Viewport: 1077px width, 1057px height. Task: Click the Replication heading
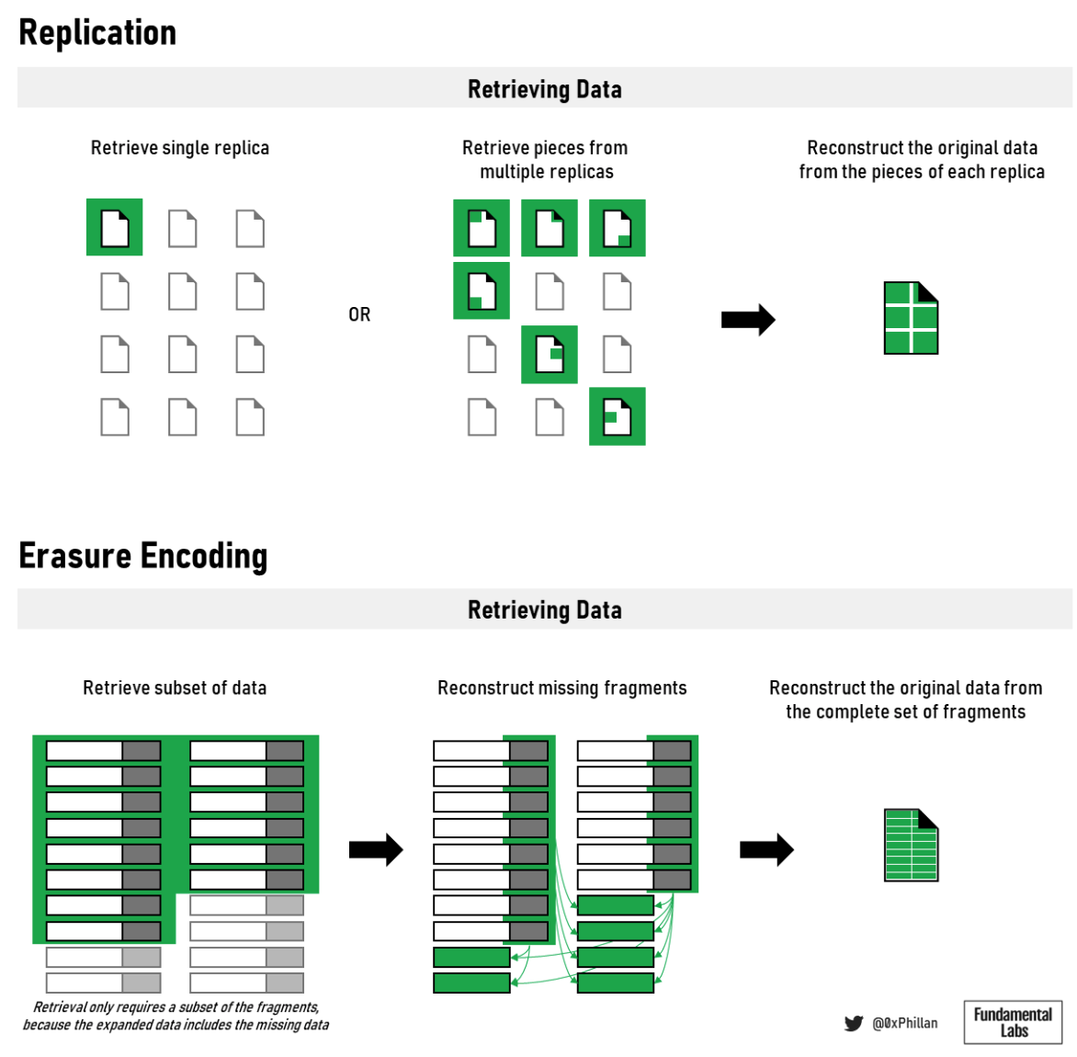(x=97, y=32)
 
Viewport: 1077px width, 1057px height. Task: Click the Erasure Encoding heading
(x=143, y=556)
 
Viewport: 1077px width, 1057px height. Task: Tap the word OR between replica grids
(x=359, y=314)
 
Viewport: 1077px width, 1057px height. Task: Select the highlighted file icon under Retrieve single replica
(x=115, y=227)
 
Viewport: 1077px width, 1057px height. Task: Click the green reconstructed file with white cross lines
(x=911, y=318)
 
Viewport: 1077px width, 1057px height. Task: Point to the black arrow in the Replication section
(x=748, y=320)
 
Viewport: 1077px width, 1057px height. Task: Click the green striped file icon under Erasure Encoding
(x=911, y=845)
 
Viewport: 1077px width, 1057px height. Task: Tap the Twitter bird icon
(x=854, y=1023)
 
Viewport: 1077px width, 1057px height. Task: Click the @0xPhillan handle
(x=905, y=1023)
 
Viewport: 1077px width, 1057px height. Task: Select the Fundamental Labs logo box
(x=1013, y=1022)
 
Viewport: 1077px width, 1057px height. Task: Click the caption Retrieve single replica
(x=180, y=148)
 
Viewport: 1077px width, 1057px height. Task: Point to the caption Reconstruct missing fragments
(x=561, y=688)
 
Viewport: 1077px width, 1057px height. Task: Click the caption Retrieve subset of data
(x=175, y=688)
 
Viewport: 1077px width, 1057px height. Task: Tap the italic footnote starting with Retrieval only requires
(x=176, y=1016)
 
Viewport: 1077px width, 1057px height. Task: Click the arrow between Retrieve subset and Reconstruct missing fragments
(x=376, y=850)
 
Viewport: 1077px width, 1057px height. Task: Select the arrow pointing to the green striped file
(x=766, y=850)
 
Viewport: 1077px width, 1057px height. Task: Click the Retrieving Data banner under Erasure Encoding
(x=544, y=609)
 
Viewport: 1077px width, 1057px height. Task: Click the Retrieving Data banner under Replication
(x=544, y=89)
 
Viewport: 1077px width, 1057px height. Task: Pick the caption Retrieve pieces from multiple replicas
(x=546, y=160)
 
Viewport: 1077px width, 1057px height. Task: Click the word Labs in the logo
(x=1014, y=1031)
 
